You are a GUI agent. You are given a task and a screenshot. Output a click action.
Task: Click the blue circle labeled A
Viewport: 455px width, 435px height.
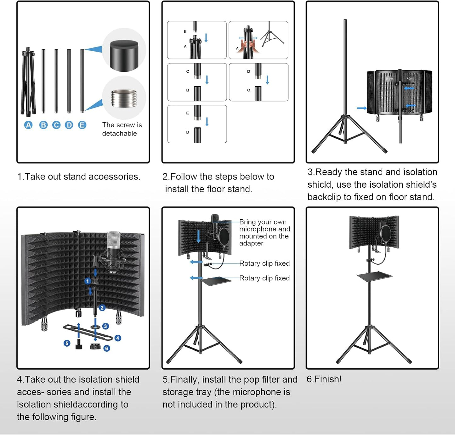(x=28, y=125)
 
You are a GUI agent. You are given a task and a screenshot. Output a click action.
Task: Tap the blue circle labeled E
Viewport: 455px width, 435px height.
(x=82, y=125)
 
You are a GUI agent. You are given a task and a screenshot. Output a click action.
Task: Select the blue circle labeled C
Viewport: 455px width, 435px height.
(x=56, y=125)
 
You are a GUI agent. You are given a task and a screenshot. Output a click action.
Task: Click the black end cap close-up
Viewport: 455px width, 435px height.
(x=124, y=55)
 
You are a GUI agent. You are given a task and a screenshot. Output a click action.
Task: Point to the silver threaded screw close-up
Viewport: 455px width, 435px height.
(x=124, y=98)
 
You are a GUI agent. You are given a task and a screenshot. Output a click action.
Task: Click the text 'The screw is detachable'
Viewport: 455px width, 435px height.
(x=122, y=129)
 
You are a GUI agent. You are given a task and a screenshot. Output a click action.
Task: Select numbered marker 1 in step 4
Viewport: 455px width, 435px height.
(x=88, y=281)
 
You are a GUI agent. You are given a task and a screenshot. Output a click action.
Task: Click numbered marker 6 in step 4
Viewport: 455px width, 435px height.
(x=107, y=348)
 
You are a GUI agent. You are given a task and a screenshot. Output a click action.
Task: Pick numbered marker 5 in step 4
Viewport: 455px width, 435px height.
(x=67, y=343)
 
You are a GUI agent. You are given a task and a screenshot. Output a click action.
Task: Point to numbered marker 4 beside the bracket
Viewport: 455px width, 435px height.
(x=118, y=338)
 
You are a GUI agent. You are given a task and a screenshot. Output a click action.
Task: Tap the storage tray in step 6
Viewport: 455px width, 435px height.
(x=374, y=276)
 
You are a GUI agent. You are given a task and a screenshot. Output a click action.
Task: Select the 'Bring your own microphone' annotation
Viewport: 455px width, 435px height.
(x=264, y=233)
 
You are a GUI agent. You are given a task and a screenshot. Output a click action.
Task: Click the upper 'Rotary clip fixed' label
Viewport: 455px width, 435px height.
(x=264, y=263)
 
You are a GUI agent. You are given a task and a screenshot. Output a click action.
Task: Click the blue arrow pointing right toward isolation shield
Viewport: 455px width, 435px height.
(x=361, y=108)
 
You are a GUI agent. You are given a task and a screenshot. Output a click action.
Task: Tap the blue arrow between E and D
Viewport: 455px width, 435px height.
(x=207, y=122)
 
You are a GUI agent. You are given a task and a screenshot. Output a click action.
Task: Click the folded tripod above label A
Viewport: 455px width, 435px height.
(x=28, y=82)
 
